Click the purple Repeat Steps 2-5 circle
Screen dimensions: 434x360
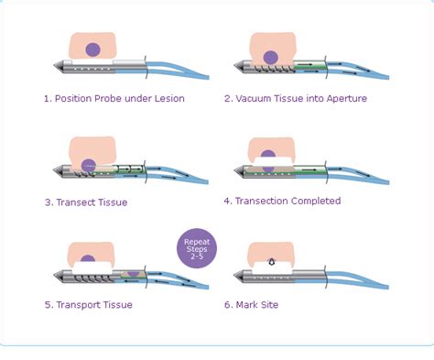click(197, 248)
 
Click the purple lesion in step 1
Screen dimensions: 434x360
click(93, 49)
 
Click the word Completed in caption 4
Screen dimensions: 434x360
click(316, 201)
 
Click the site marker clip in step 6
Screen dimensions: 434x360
click(271, 262)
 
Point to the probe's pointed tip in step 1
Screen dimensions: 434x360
click(54, 66)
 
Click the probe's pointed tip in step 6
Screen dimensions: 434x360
click(234, 276)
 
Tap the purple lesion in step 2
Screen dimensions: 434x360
click(270, 58)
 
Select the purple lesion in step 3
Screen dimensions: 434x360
click(89, 166)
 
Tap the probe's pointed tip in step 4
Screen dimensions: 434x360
click(234, 171)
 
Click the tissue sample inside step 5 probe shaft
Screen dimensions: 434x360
click(133, 274)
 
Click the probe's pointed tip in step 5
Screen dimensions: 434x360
click(54, 276)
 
